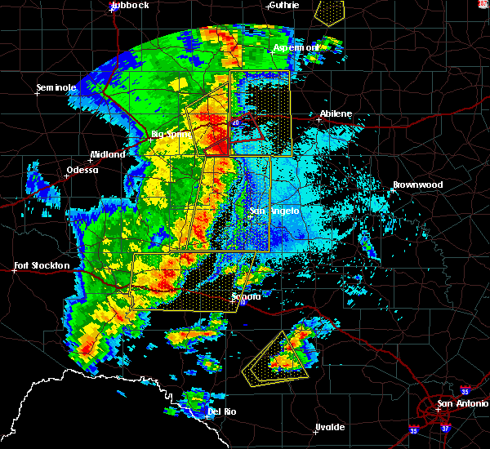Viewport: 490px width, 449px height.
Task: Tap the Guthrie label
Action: [283, 5]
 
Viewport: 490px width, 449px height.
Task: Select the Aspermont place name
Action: [296, 48]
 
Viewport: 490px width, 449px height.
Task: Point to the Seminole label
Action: [56, 87]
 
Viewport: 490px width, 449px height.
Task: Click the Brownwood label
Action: [417, 185]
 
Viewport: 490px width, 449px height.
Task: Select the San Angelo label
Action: [274, 211]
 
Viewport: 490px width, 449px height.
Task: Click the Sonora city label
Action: [246, 296]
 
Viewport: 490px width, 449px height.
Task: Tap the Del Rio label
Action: [221, 411]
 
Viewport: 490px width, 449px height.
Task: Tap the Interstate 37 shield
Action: [443, 428]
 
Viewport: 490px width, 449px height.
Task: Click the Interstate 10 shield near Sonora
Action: [242, 304]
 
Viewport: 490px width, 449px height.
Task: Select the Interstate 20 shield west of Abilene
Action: [236, 123]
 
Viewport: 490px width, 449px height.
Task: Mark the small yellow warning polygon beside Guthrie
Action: [329, 12]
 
